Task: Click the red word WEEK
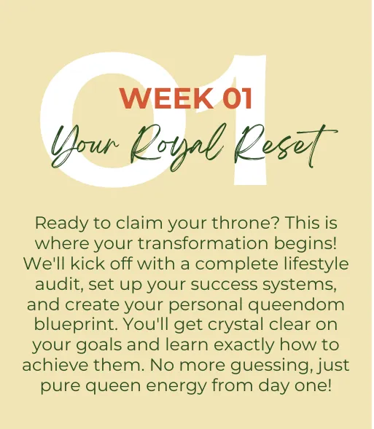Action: pyautogui.click(x=167, y=98)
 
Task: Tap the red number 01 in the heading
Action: pyautogui.click(x=238, y=98)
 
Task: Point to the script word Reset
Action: pyautogui.click(x=285, y=146)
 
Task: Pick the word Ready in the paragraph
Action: pyautogui.click(x=62, y=224)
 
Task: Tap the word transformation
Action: pyautogui.click(x=203, y=243)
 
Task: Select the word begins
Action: pyautogui.click(x=305, y=244)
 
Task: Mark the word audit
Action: pyautogui.click(x=59, y=284)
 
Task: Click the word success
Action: pyautogui.click(x=225, y=285)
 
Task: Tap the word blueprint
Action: pyautogui.click(x=76, y=325)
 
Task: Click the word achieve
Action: pyautogui.click(x=55, y=365)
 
